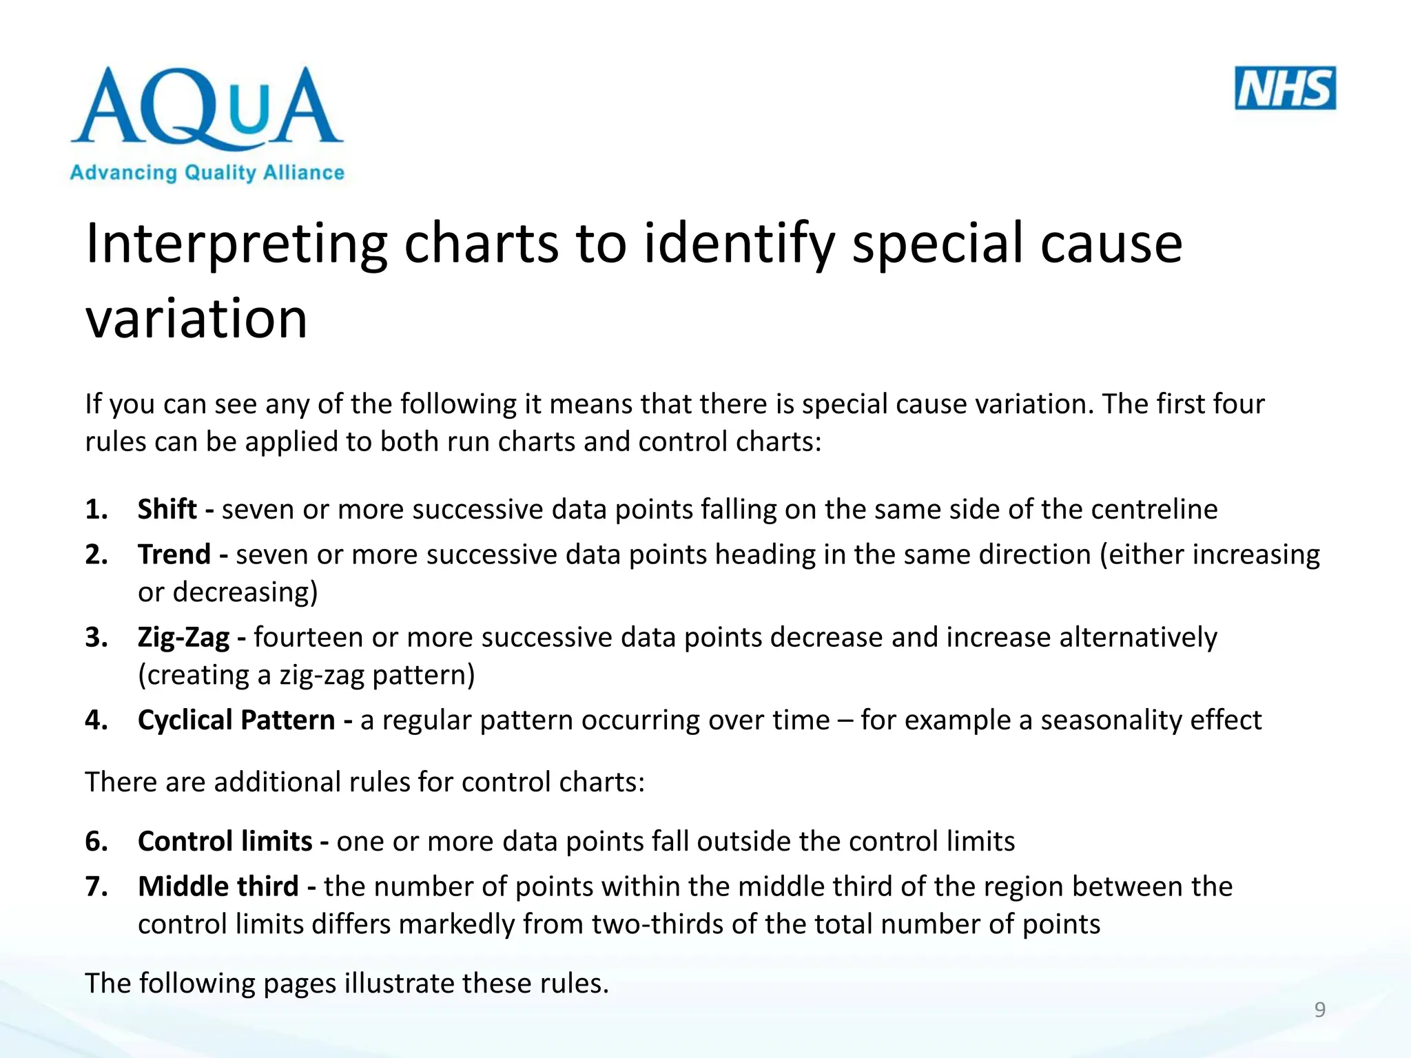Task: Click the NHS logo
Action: click(x=1285, y=88)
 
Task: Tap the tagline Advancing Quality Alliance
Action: click(x=207, y=172)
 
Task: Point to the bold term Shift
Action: click(x=167, y=510)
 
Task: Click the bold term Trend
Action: click(x=174, y=554)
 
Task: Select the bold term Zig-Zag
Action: click(x=183, y=638)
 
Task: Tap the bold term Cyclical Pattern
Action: click(x=236, y=720)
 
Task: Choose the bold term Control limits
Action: click(x=225, y=842)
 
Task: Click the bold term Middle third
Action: click(x=218, y=886)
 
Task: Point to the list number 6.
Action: click(x=96, y=842)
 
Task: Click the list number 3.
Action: click(x=96, y=638)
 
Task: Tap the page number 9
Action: click(x=1319, y=1010)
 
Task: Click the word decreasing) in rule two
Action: click(x=245, y=592)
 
